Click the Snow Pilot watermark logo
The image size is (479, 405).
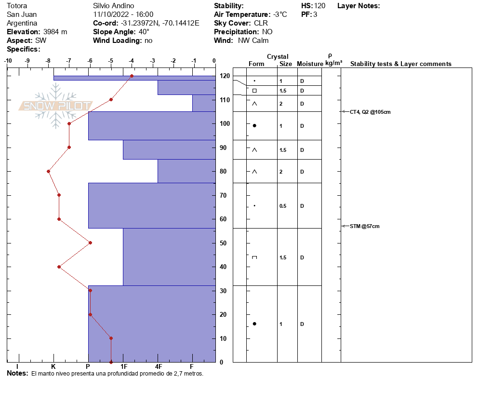[56, 106]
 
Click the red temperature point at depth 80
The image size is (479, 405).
[48, 171]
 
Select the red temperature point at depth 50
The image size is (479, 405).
[90, 243]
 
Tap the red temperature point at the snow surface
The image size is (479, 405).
[132, 76]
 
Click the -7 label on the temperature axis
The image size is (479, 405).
[69, 61]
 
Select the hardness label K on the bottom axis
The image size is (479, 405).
[53, 366]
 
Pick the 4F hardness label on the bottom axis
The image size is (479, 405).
[158, 366]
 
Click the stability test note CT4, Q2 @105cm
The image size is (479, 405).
[370, 112]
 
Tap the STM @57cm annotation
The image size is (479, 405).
[364, 226]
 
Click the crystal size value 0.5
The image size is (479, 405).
[283, 206]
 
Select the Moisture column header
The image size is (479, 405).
[310, 64]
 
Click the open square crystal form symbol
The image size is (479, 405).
[254, 91]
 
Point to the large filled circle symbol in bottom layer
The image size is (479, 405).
[254, 324]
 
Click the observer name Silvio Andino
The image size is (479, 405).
[113, 6]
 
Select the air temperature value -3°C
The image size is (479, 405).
[279, 14]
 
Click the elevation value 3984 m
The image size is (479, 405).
[55, 32]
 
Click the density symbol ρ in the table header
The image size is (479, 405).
[330, 55]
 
